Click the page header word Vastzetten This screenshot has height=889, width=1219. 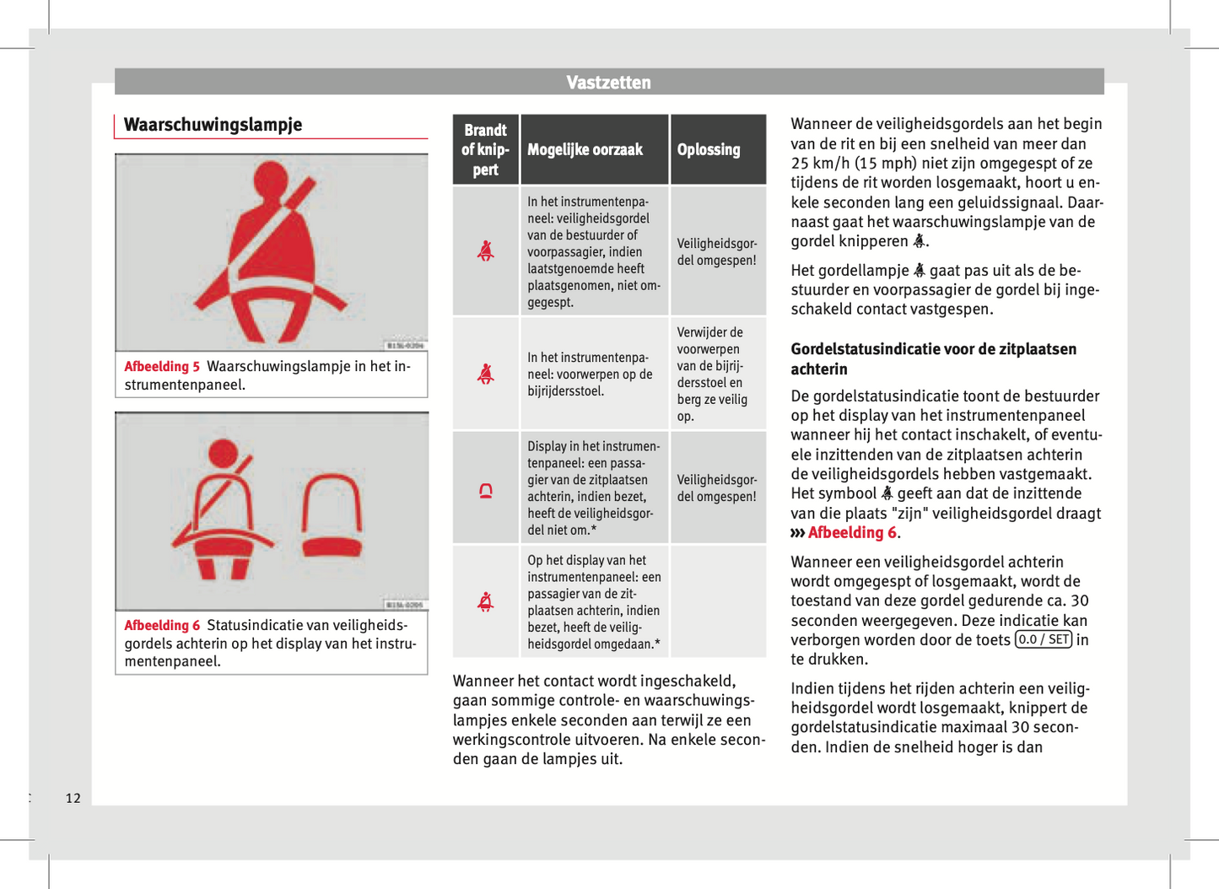608,83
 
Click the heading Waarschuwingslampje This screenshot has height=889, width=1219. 213,125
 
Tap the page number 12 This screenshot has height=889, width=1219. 73,798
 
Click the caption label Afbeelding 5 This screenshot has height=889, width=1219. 162,367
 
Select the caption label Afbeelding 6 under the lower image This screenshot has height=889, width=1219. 162,626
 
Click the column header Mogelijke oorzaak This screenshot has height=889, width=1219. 585,150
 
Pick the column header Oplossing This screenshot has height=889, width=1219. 709,150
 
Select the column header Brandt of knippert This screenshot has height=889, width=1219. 485,150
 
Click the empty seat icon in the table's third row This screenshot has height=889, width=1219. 486,490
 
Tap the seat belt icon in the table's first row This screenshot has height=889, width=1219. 486,251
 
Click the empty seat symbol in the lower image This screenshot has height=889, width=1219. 332,515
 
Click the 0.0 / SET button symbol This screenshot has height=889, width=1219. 1044,639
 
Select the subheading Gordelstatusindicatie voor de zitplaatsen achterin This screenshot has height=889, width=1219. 933,358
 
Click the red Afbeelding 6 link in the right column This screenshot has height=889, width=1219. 852,533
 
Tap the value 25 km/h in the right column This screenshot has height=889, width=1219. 817,164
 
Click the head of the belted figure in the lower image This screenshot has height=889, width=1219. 223,453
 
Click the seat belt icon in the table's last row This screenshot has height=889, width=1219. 486,601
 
